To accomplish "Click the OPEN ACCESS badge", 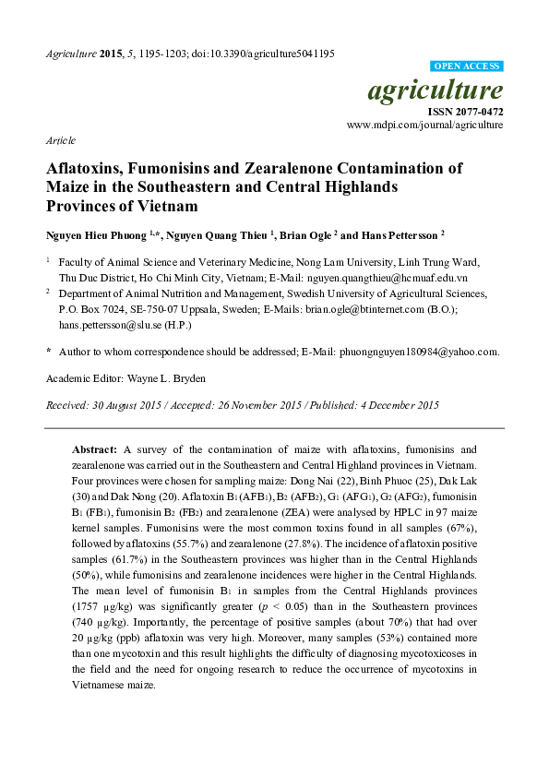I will tap(468, 67).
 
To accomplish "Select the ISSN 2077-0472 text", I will tap(464, 111).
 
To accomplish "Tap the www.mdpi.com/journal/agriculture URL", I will tap(425, 124).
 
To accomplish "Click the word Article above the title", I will tap(60, 140).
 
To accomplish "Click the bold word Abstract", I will tap(95, 447).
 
